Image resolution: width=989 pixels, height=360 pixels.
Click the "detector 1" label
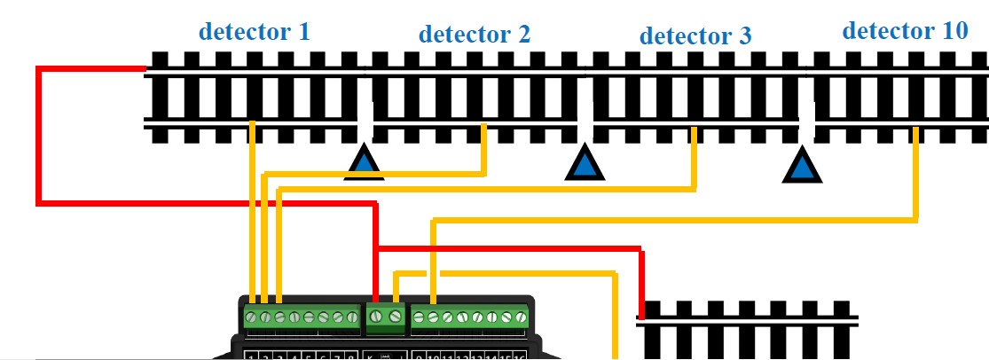(x=254, y=33)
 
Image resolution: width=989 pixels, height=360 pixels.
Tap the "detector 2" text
(x=474, y=35)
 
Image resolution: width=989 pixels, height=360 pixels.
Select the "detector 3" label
(x=695, y=35)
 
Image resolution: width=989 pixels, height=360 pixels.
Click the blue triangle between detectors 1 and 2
(x=364, y=163)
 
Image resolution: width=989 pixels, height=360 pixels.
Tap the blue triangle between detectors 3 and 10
(x=802, y=166)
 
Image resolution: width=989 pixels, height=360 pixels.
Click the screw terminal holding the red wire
(x=376, y=316)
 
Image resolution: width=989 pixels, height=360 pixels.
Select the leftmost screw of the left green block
(x=252, y=317)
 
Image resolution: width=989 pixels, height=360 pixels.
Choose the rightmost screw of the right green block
(x=521, y=317)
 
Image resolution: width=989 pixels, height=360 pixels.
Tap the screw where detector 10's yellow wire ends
(x=432, y=317)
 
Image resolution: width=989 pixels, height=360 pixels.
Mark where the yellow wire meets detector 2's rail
(x=483, y=127)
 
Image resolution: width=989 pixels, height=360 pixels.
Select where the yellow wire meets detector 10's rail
(x=916, y=130)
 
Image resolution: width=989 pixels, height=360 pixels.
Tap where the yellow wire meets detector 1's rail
(x=253, y=125)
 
